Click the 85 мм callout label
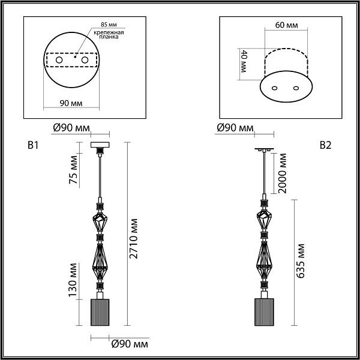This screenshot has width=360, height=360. [109, 25]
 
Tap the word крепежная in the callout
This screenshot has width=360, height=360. [109, 32]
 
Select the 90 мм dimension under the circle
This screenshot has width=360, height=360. [71, 103]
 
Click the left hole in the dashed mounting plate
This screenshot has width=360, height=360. [59, 60]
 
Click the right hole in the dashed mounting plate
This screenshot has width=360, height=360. [85, 60]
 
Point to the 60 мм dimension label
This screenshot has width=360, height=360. [287, 25]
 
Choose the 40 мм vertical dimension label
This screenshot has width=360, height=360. [243, 61]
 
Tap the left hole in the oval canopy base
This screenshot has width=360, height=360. [275, 88]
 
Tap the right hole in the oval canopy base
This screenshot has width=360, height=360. [296, 88]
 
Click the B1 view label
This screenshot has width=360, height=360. [33, 145]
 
